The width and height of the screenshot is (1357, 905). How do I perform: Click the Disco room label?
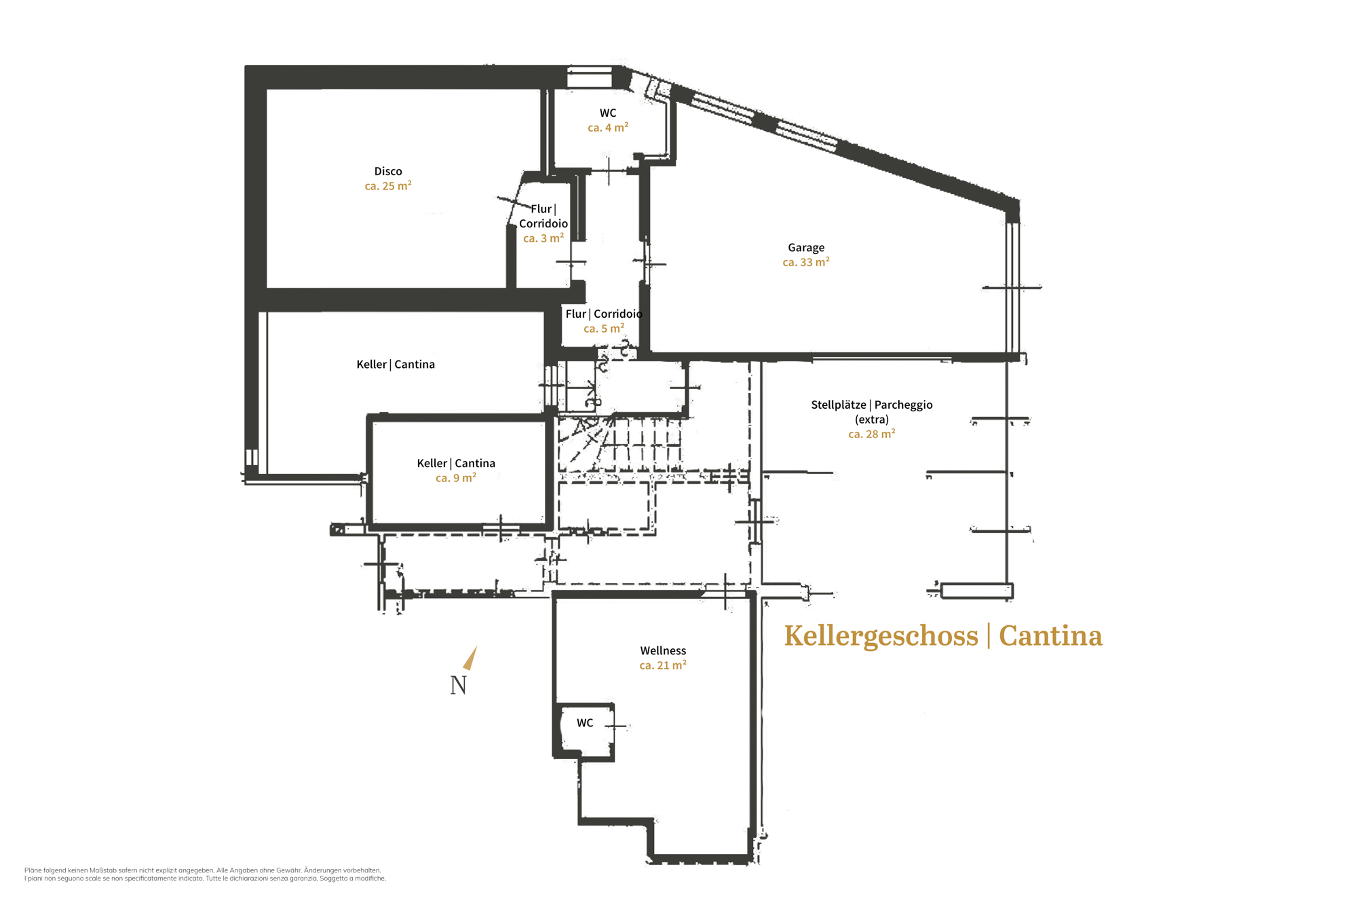coord(388,171)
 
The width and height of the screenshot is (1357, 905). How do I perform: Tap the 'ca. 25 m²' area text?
coord(388,185)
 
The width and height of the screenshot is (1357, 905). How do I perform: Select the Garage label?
coord(806,248)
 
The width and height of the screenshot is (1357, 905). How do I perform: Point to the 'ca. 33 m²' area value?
coord(806,262)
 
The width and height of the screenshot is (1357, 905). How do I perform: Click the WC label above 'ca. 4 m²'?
coord(608,113)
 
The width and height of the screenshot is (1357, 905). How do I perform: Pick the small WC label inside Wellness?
coord(585,723)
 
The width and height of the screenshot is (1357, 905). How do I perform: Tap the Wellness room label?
coord(663,650)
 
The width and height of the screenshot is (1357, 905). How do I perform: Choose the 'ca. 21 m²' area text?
coord(663,665)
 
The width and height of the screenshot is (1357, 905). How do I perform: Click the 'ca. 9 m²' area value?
coord(456,478)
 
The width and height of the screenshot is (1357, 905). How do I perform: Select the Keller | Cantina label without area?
coord(396,365)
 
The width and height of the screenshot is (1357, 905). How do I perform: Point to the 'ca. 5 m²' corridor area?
coord(604,329)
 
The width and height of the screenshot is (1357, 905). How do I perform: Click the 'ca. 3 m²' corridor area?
coord(543,238)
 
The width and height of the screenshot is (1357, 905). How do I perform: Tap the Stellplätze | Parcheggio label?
coord(872,405)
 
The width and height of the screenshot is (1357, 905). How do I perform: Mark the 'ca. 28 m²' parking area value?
coord(872,434)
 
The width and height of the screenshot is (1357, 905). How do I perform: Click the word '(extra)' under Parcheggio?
coord(872,420)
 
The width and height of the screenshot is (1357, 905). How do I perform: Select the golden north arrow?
coord(470,659)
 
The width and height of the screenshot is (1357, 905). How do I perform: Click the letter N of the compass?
coord(459,686)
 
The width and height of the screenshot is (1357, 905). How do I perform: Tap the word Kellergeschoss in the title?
coord(881,637)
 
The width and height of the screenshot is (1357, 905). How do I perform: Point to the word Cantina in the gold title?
coord(1050,636)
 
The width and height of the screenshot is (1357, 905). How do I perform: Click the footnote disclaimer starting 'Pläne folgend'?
coord(205,874)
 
